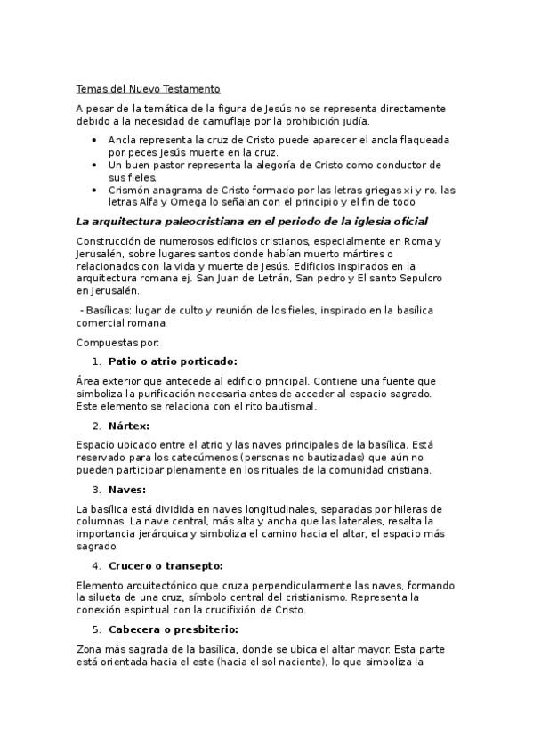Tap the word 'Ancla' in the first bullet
[x=122, y=140]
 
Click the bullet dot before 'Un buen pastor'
[x=95, y=166]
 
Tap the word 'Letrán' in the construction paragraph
[x=262, y=278]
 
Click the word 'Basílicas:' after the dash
[x=110, y=310]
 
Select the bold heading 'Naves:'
[x=126, y=489]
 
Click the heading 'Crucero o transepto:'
[x=165, y=565]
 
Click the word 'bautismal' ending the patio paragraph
[x=287, y=406]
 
